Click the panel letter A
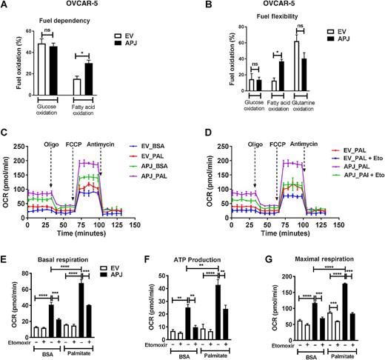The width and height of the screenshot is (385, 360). tap(6, 7)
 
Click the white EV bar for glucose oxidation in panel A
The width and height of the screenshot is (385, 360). tap(42, 70)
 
